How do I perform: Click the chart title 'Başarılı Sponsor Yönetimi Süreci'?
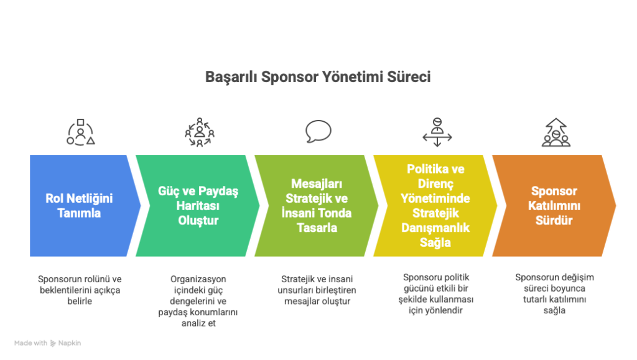tap(318, 76)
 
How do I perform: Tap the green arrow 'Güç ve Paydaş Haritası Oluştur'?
tap(198, 205)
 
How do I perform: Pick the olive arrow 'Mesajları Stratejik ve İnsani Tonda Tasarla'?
tap(317, 205)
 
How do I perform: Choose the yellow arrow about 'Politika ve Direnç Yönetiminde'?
tap(435, 205)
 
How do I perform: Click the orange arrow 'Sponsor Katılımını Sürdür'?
tap(554, 205)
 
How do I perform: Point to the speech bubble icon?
tap(318, 131)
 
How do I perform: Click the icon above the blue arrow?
tap(80, 132)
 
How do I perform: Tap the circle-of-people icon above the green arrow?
tap(200, 132)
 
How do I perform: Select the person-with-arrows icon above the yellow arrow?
tap(437, 132)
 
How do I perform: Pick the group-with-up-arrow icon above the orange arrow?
tap(556, 132)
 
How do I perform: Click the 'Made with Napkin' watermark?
tap(47, 343)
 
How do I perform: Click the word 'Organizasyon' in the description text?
tap(198, 279)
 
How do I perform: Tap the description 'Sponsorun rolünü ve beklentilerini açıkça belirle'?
tap(80, 290)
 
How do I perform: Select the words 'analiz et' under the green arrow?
tap(198, 323)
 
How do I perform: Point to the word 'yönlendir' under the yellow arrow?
tap(444, 310)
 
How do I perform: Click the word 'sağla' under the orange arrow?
tap(554, 310)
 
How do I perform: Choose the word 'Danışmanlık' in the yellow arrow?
tap(435, 228)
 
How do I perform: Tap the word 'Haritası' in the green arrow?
tap(198, 206)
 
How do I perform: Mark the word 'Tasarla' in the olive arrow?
tap(317, 228)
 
